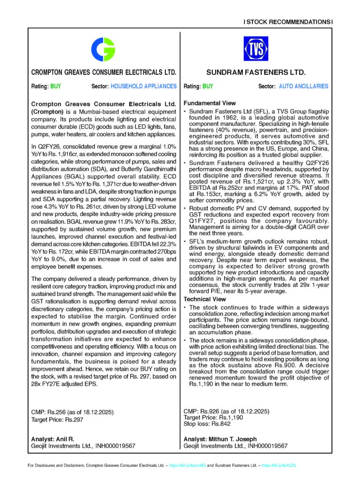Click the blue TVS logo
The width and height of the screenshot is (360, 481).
click(256, 48)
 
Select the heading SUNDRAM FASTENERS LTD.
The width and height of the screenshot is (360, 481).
click(256, 73)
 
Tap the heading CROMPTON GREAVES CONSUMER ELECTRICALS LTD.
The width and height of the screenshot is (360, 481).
click(103, 73)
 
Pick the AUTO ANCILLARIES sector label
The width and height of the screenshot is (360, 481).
click(304, 86)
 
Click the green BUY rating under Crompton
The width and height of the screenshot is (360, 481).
click(55, 86)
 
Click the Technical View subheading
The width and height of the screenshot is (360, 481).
click(204, 299)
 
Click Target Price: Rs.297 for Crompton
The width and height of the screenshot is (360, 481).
click(56, 419)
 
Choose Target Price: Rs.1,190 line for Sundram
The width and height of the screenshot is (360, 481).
click(213, 417)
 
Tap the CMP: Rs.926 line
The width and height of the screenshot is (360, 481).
click(226, 411)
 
